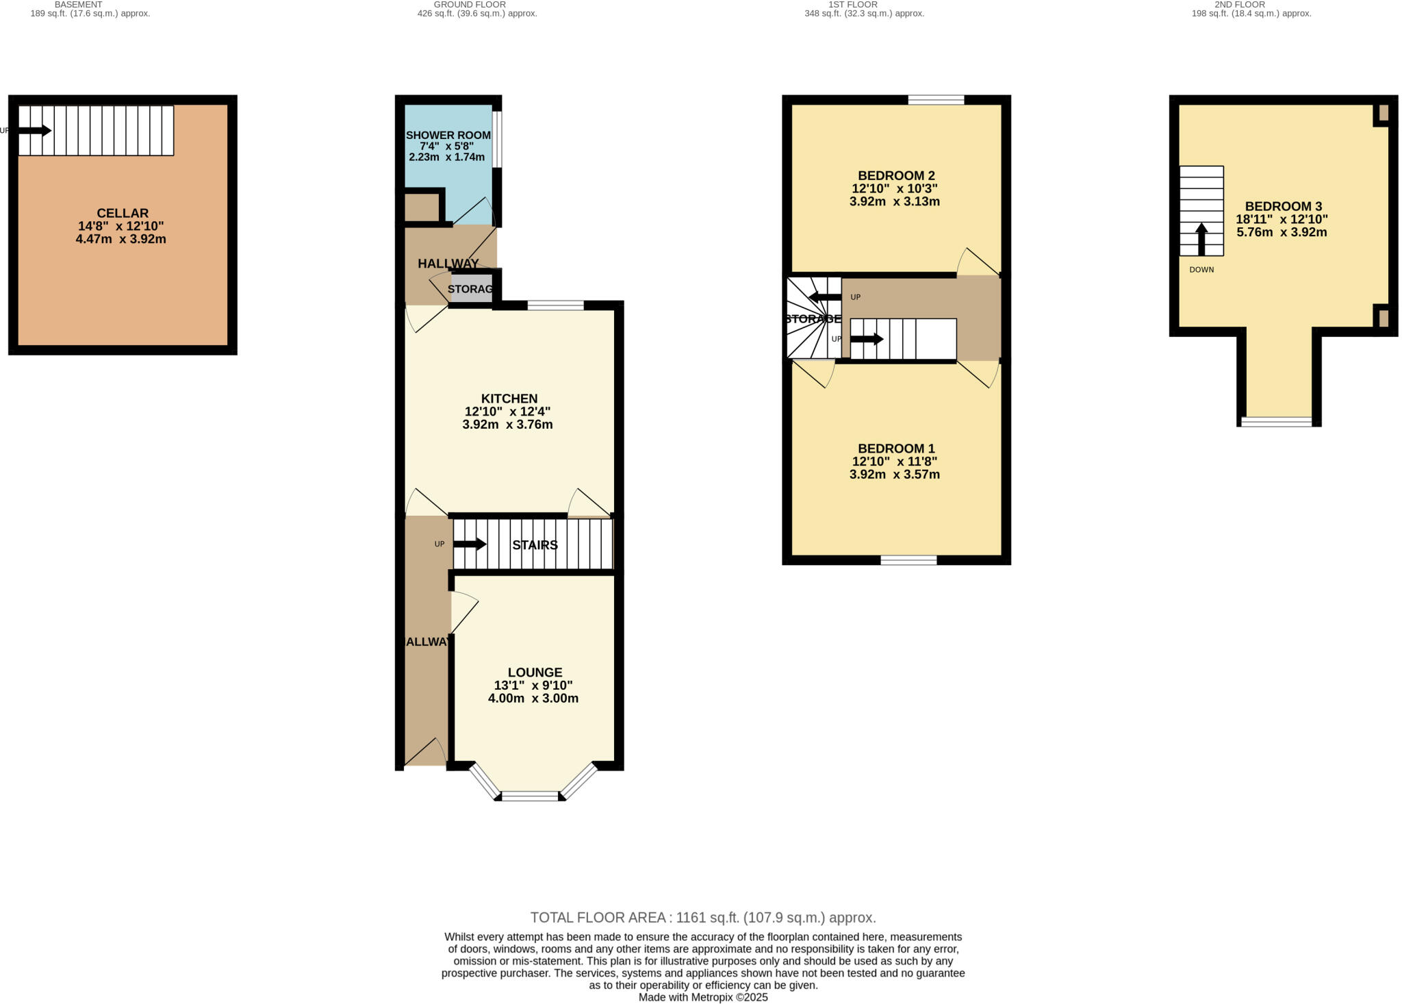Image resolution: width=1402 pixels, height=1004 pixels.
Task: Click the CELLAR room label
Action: pos(123,214)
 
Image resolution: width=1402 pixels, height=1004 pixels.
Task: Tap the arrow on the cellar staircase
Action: pos(35,130)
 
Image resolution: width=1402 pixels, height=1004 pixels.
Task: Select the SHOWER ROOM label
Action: pos(448,136)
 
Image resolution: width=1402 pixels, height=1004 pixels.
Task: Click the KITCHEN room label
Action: pos(509,399)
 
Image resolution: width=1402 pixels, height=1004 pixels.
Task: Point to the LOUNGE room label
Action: pos(535,673)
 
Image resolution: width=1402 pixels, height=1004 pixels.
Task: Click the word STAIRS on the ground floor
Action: pos(535,545)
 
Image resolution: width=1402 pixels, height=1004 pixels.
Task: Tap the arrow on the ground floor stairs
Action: pos(470,544)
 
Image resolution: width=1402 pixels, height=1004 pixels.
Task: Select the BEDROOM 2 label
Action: pos(895,176)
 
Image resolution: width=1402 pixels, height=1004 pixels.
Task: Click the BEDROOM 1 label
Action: pos(895,449)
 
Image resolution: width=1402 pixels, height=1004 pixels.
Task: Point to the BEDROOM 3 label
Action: pos(1282,206)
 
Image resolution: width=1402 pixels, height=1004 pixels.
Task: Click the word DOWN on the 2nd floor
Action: pos(1201,270)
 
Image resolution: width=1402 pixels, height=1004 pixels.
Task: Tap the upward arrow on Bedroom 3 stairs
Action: pos(1201,238)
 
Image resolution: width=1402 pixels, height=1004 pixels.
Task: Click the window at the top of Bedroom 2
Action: pos(936,100)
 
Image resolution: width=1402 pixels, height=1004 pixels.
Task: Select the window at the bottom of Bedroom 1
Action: pos(908,560)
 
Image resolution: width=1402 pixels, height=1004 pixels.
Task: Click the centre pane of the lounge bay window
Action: pos(531,796)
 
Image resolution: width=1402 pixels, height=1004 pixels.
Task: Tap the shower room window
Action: pos(498,139)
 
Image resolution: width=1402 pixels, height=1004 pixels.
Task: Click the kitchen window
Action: pos(555,305)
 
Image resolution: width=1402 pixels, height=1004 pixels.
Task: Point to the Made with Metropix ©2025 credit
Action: pos(703,997)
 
